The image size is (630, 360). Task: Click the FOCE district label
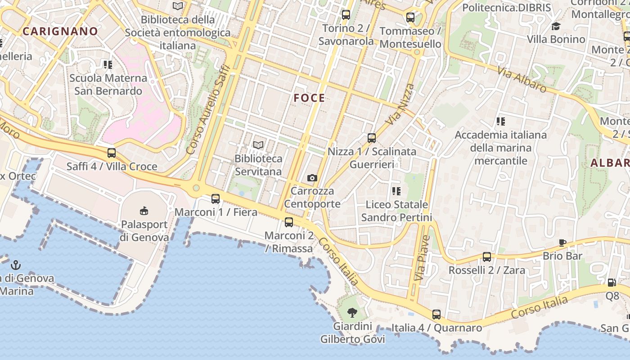pyautogui.click(x=309, y=98)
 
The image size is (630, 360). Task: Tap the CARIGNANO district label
pyautogui.click(x=60, y=31)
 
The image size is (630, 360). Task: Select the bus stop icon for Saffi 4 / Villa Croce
pyautogui.click(x=112, y=153)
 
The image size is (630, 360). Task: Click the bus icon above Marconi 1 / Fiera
pyautogui.click(x=216, y=199)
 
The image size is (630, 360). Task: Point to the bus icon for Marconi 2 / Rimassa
pyautogui.click(x=289, y=222)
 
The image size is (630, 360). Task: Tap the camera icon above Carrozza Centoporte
pyautogui.click(x=312, y=178)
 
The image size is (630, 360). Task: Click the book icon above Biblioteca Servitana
pyautogui.click(x=258, y=145)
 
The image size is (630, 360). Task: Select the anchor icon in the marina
pyautogui.click(x=16, y=265)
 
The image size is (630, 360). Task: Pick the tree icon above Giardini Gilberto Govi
pyautogui.click(x=353, y=312)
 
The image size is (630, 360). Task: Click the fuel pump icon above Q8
pyautogui.click(x=612, y=283)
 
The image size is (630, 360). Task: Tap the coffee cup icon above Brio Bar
pyautogui.click(x=562, y=243)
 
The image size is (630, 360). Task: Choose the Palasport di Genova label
pyautogui.click(x=144, y=231)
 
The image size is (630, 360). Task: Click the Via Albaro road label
pyautogui.click(x=522, y=80)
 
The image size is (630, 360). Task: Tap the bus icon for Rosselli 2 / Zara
pyautogui.click(x=487, y=257)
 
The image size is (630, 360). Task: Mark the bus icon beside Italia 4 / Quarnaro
pyautogui.click(x=436, y=315)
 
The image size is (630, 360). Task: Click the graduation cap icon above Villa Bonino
pyautogui.click(x=556, y=26)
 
